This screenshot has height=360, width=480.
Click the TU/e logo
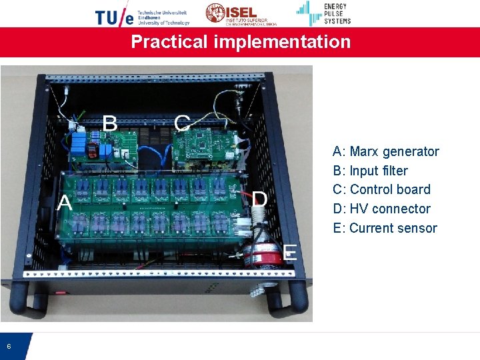[142, 15]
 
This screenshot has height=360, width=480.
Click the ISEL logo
[237, 13]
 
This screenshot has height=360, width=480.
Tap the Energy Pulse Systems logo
[324, 13]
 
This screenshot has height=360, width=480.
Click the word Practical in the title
[169, 42]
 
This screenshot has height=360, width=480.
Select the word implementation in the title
[282, 42]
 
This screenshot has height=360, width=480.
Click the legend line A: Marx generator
[386, 152]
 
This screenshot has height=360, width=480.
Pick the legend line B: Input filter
[370, 171]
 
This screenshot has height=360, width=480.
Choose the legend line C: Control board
[381, 189]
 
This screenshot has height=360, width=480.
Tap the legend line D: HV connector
[381, 209]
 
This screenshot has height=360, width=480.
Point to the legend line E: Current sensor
[385, 228]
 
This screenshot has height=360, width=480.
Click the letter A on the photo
[65, 202]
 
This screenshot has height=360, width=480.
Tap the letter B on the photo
[111, 123]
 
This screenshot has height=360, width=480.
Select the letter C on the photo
[182, 123]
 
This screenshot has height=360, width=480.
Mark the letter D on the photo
[260, 199]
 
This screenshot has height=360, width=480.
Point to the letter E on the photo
[290, 252]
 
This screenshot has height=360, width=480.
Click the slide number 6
[9, 346]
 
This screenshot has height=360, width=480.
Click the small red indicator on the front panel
[61, 292]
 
